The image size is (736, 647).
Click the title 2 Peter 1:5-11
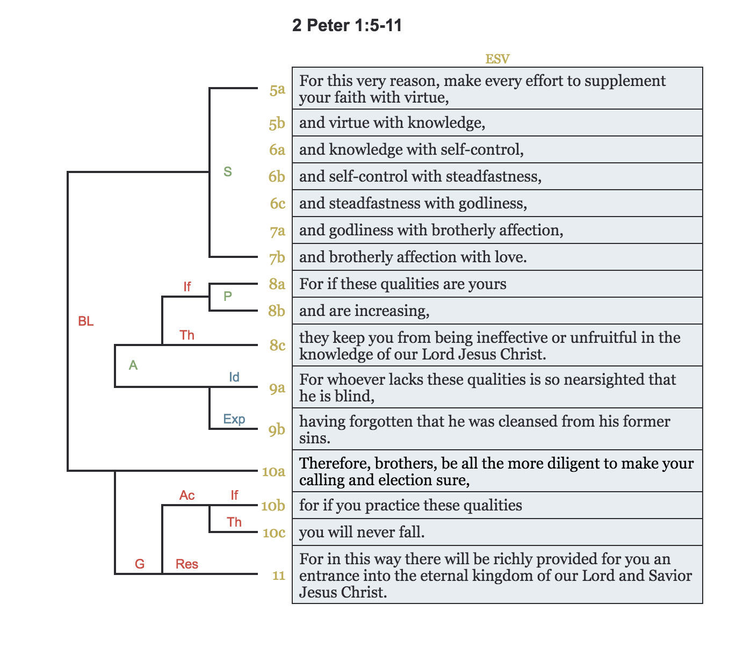pyautogui.click(x=347, y=25)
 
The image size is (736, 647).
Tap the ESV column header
pyautogui.click(x=497, y=59)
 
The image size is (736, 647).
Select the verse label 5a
pyautogui.click(x=277, y=90)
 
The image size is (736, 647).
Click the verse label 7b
pyautogui.click(x=277, y=258)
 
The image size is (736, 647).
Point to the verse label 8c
pyautogui.click(x=277, y=345)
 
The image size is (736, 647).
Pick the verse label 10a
pyautogui.click(x=273, y=472)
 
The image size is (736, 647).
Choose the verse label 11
pyautogui.click(x=278, y=576)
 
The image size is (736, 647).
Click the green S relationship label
pyautogui.click(x=228, y=172)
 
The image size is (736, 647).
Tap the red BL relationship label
pyautogui.click(x=86, y=321)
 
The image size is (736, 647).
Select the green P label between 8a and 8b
pyautogui.click(x=228, y=296)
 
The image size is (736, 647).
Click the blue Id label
pyautogui.click(x=234, y=377)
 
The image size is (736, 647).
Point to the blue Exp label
pyautogui.click(x=234, y=419)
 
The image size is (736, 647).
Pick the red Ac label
pyautogui.click(x=187, y=495)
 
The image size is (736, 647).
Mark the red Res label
pyautogui.click(x=187, y=564)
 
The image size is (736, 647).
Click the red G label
pyautogui.click(x=140, y=564)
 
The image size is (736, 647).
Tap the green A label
pyautogui.click(x=133, y=365)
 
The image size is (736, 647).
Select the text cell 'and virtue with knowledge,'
pyautogui.click(x=392, y=123)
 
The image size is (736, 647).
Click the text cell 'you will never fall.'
pyautogui.click(x=362, y=533)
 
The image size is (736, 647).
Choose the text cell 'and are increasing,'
pyautogui.click(x=364, y=311)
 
